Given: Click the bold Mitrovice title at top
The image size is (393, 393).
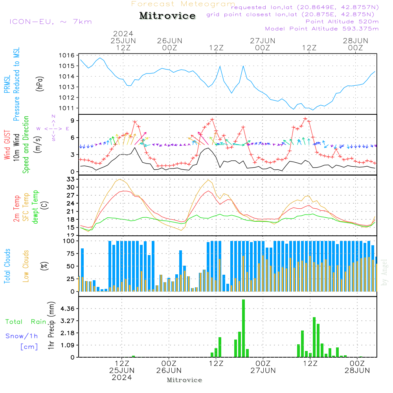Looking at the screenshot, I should point(167,16).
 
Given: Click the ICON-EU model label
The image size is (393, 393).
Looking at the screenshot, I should point(50,22).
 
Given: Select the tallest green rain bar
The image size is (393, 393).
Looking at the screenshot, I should point(244,328).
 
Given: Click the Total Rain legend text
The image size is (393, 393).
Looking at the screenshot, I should point(26,322).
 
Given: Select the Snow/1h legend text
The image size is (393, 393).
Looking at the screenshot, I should point(22,336).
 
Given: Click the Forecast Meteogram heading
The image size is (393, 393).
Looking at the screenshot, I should point(183,4).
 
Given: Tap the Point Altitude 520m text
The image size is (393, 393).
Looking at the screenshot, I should point(342,22).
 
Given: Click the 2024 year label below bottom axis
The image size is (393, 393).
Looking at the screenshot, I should point(122,378).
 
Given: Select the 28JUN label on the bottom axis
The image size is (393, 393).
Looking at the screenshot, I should point(357,371).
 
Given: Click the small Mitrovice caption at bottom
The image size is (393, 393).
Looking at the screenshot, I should point(184,380).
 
